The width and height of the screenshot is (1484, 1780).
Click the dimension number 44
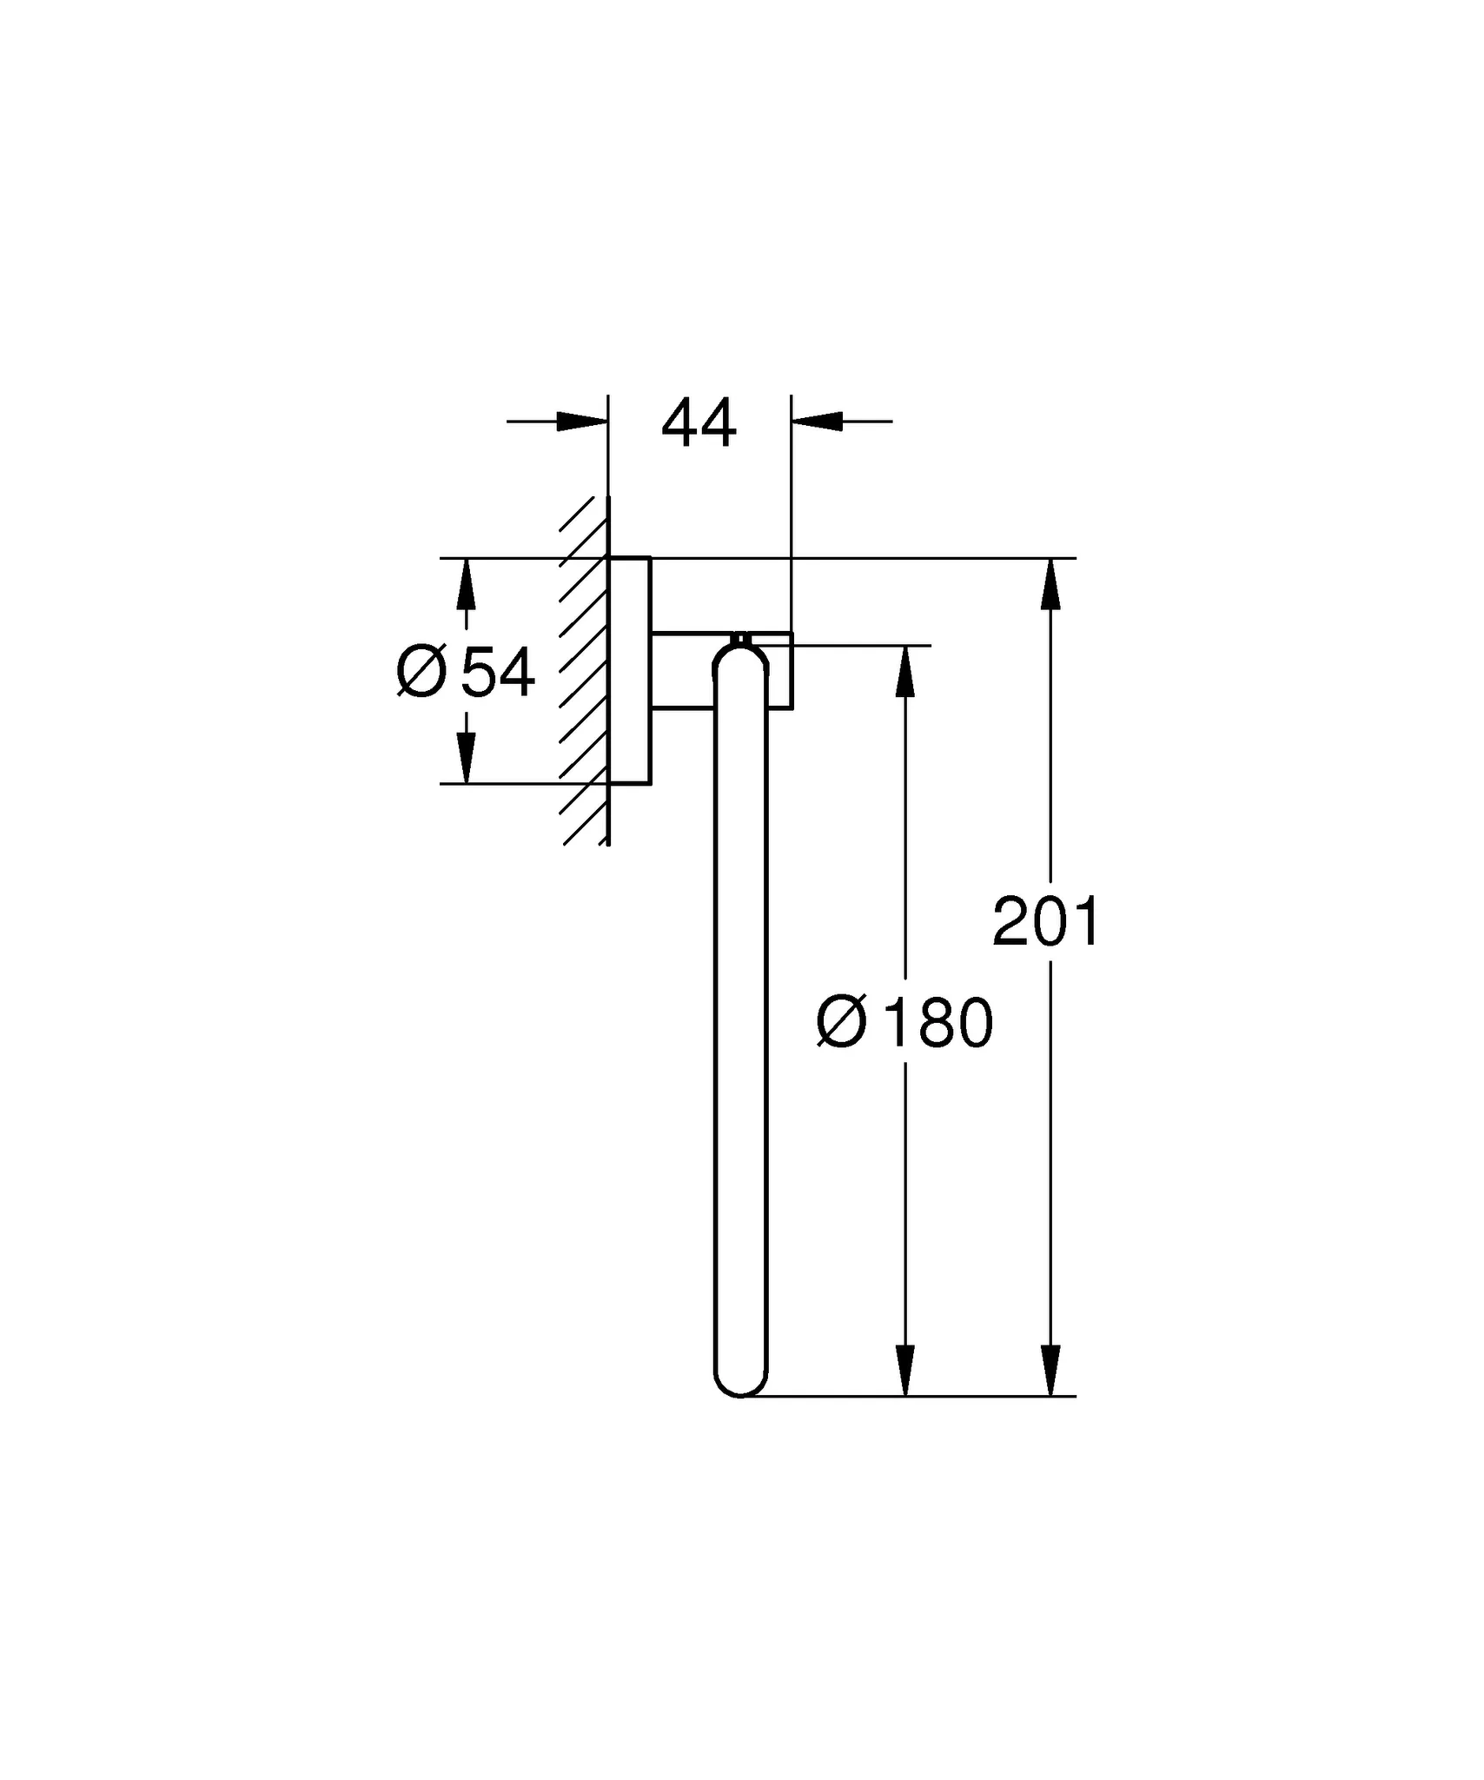tap(699, 424)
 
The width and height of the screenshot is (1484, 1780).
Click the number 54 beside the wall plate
tap(498, 672)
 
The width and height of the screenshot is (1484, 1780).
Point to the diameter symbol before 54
tap(421, 672)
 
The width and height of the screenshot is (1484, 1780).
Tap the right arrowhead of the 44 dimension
tap(818, 422)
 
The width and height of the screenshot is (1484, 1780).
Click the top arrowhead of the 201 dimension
tap(1050, 584)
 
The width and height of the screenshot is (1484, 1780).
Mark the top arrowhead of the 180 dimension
tap(905, 672)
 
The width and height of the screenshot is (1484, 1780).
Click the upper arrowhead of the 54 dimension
tap(467, 584)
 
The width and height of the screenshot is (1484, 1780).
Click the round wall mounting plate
tap(630, 670)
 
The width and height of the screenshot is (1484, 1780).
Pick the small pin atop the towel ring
tap(740, 639)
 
